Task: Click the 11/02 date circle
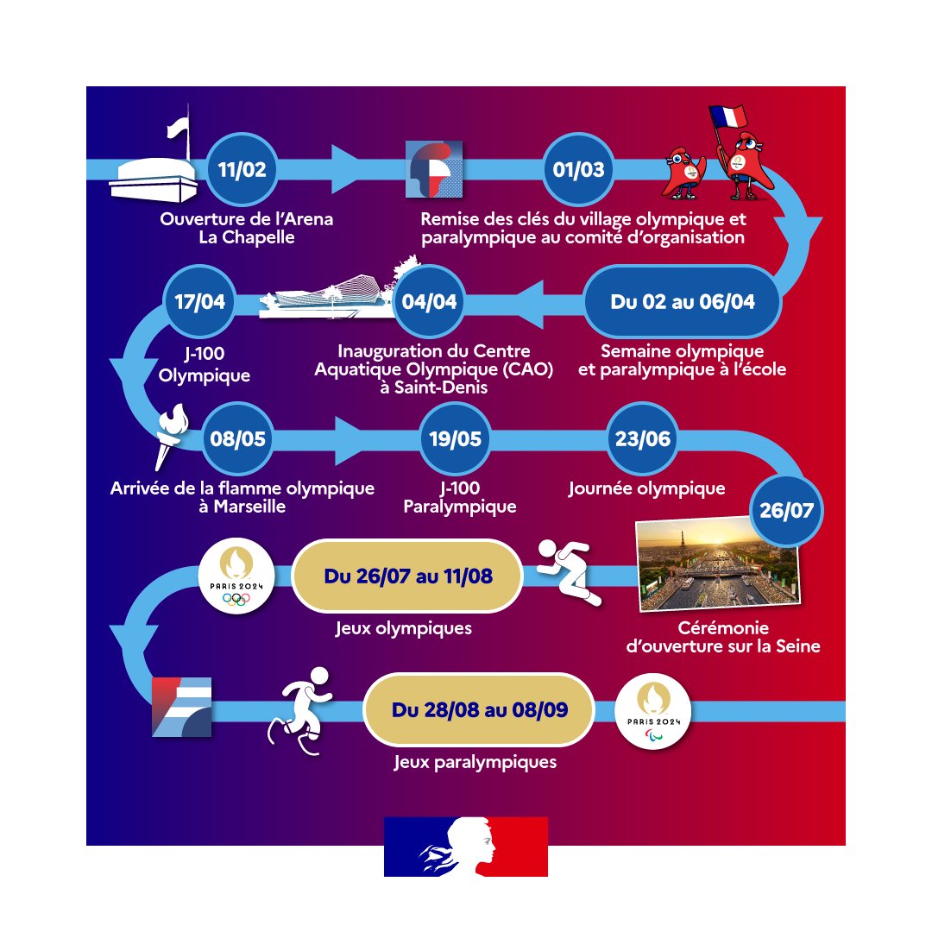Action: pyautogui.click(x=242, y=169)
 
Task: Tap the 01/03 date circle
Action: pyautogui.click(x=578, y=169)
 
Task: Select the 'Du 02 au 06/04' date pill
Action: pyautogui.click(x=683, y=301)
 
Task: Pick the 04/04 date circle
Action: pyautogui.click(x=429, y=301)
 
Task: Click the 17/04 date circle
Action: pyautogui.click(x=199, y=301)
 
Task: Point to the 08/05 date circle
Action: pyautogui.click(x=238, y=438)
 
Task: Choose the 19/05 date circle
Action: pyautogui.click(x=456, y=438)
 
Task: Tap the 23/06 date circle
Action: pyautogui.click(x=643, y=438)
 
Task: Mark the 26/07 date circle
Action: pyautogui.click(x=786, y=510)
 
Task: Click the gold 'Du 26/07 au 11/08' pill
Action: pyautogui.click(x=407, y=576)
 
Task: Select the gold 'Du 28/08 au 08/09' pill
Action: pyautogui.click(x=479, y=709)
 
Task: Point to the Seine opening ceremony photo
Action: pyautogui.click(x=718, y=564)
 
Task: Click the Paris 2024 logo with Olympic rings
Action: pyautogui.click(x=236, y=576)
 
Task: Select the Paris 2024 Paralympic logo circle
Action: pyautogui.click(x=652, y=711)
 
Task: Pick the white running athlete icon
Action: pyautogui.click(x=569, y=572)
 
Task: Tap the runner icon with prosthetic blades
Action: pyautogui.click(x=300, y=711)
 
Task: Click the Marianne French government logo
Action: pyautogui.click(x=466, y=847)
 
